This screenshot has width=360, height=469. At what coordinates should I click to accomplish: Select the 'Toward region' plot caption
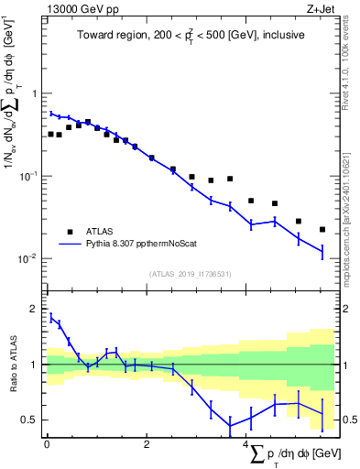191,36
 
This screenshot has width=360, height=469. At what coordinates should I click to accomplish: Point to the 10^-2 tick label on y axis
28,258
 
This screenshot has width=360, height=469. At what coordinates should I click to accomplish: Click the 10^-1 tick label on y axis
28,176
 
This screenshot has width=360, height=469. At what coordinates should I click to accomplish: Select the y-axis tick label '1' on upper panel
35,94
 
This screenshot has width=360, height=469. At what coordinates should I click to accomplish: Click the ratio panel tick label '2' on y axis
35,310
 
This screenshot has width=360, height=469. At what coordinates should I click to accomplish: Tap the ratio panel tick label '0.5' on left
30,420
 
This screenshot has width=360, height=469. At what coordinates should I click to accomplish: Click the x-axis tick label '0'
47,443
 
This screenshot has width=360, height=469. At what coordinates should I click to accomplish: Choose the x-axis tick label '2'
147,443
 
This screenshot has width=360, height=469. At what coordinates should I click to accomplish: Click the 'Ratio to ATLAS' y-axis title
12,365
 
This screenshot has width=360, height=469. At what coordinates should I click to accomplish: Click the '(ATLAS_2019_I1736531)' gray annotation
191,273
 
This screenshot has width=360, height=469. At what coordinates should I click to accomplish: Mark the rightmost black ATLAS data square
322,229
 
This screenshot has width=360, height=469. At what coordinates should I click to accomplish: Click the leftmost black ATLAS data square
51,134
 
